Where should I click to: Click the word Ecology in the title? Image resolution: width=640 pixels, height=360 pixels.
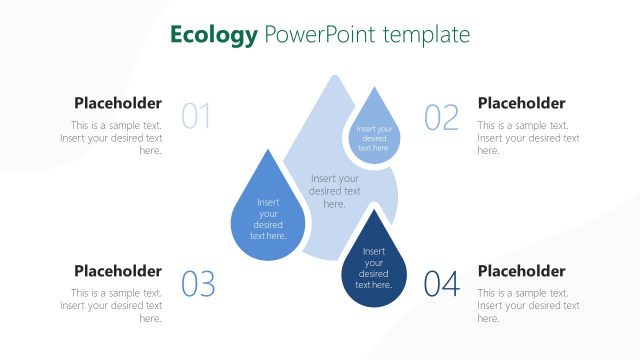[x=213, y=35]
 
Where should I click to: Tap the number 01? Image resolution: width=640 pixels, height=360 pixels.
[x=196, y=117]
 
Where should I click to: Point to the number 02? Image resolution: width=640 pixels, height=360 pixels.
[x=441, y=117]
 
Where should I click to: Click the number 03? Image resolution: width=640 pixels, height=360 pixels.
[x=198, y=285]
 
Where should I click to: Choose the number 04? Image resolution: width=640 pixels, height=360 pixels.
[x=441, y=285]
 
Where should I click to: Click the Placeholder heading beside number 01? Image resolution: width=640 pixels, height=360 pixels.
[x=118, y=103]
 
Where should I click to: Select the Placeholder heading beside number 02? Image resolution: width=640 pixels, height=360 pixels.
[x=521, y=103]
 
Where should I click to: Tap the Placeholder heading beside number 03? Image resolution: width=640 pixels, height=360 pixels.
[x=118, y=271]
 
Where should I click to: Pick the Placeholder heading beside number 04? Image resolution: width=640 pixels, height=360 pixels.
[x=521, y=271]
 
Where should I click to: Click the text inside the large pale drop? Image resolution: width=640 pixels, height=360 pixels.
[x=335, y=191]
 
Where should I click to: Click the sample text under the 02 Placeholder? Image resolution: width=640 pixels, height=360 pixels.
[x=527, y=138]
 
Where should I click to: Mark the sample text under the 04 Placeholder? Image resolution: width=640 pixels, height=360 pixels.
[x=527, y=306]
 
